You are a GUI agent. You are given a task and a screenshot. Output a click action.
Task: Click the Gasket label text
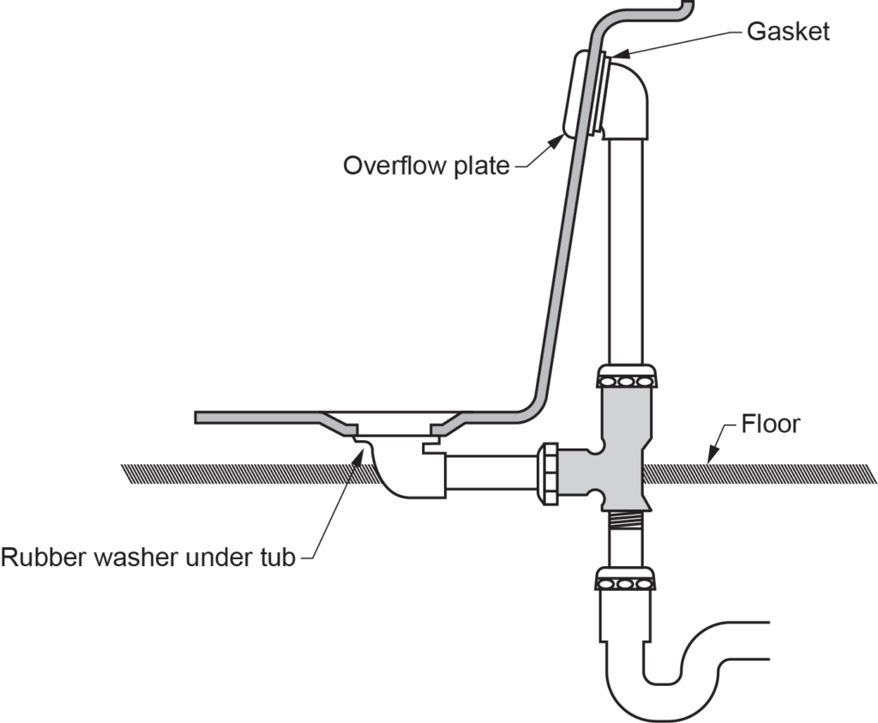pos(788,31)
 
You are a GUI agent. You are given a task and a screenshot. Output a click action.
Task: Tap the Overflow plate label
pos(426,165)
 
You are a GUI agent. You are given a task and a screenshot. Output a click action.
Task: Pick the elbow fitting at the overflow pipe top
pos(630,99)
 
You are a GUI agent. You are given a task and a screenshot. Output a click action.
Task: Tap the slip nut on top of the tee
pos(626,377)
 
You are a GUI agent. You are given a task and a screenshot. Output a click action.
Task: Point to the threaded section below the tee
pos(625,520)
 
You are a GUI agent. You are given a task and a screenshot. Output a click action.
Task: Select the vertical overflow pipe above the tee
pos(626,249)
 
